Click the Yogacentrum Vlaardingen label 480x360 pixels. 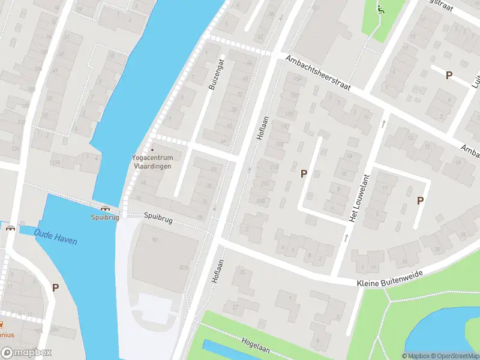click(x=152, y=161)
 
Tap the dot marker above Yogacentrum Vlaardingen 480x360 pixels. click(x=152, y=149)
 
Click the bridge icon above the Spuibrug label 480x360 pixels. click(x=106, y=208)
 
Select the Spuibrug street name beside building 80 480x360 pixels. click(x=158, y=220)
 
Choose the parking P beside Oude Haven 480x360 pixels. click(x=55, y=287)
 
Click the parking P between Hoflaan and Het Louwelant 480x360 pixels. click(x=304, y=173)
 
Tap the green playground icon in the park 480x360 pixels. click(x=380, y=9)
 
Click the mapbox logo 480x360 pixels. click(x=26, y=352)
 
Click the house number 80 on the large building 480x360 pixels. click(x=154, y=240)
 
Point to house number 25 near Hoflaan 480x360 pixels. click(x=242, y=273)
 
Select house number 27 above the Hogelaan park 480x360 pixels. click(x=236, y=307)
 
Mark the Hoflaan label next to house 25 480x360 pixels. click(x=217, y=271)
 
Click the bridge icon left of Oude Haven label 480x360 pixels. click(x=10, y=227)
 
